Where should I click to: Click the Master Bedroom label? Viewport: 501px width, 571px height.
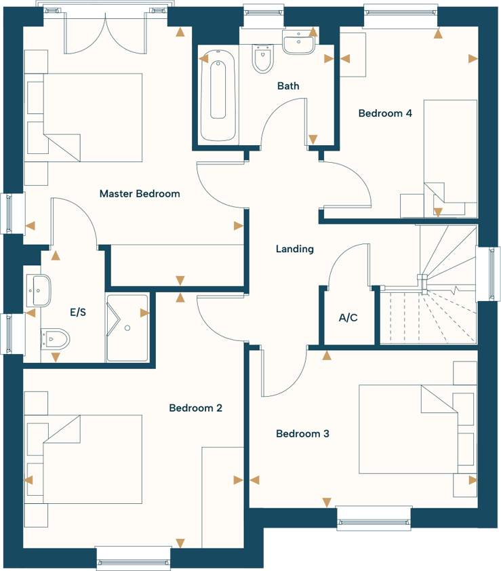point(140,194)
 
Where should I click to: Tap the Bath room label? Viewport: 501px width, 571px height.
point(288,86)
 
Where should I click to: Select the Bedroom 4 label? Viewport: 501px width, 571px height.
point(385,113)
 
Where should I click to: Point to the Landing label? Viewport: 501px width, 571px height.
point(295,249)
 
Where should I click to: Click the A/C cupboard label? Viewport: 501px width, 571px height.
point(348,317)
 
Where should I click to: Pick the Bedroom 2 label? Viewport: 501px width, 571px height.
point(195,408)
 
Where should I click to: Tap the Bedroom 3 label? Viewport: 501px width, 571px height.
point(302,433)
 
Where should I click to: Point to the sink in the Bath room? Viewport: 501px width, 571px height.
point(298,45)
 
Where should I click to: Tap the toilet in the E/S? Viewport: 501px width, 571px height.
point(55,337)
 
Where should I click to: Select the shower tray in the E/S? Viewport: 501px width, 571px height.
point(127,327)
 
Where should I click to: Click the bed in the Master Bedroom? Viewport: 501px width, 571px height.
point(85,117)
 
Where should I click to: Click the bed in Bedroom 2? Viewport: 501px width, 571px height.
point(85,458)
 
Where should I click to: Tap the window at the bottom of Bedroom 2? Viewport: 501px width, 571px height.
point(134,558)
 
